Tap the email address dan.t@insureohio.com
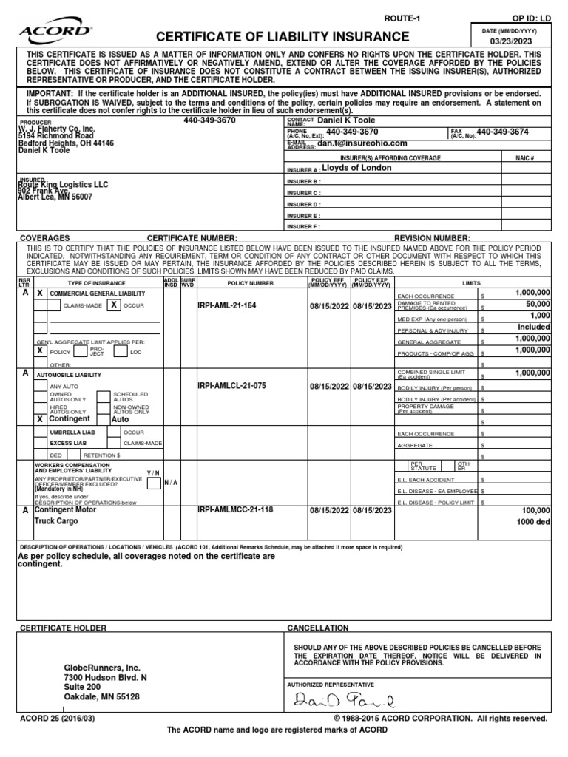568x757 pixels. [x=362, y=143]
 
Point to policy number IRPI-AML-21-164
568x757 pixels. [x=227, y=305]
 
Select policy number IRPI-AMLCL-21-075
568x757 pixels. [x=232, y=386]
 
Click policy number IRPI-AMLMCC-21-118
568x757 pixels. [x=235, y=510]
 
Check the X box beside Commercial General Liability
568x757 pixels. [x=40, y=293]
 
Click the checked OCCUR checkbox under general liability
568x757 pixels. [x=114, y=305]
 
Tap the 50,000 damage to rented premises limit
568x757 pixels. [x=533, y=304]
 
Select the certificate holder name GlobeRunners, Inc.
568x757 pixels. [x=103, y=668]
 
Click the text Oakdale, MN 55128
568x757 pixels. [x=101, y=696]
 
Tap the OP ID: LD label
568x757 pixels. [x=532, y=17]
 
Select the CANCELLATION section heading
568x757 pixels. [x=318, y=628]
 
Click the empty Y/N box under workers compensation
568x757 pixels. [x=154, y=483]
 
